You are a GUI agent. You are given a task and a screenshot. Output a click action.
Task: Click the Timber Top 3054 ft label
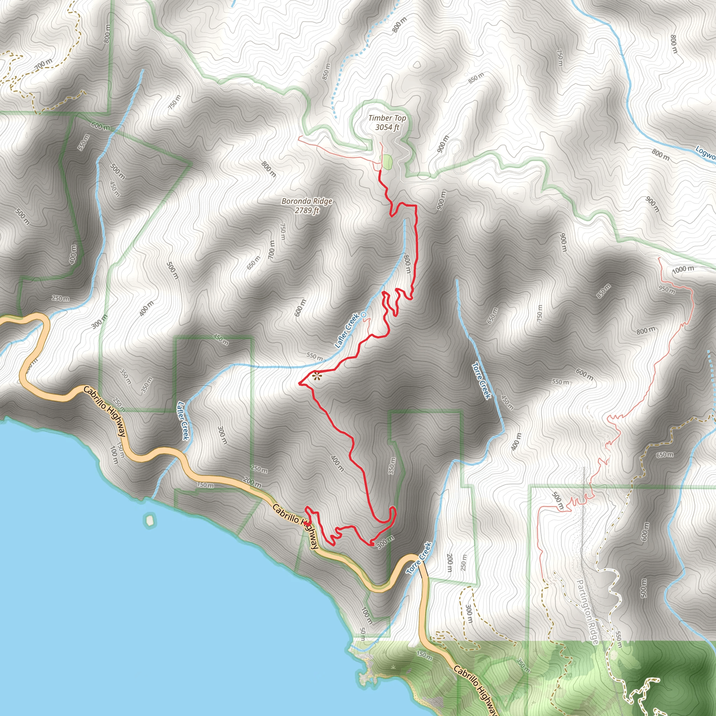387,122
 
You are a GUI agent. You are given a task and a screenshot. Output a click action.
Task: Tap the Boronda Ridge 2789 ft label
307,206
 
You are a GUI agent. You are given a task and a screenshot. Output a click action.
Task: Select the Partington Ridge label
587,612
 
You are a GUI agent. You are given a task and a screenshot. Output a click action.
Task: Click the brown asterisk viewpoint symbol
316,377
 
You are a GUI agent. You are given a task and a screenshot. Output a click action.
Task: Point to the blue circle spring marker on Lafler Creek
364,314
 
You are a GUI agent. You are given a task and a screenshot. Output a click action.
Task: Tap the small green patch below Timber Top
387,162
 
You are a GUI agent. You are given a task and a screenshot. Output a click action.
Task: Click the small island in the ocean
149,520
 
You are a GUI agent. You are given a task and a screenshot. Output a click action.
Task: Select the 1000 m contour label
683,270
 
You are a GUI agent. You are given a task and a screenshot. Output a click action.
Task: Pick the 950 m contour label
667,289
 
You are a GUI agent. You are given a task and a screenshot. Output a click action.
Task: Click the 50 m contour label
363,634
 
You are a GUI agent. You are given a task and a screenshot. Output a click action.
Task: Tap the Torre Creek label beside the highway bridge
419,558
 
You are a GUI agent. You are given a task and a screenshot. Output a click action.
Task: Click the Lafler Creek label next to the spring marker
347,331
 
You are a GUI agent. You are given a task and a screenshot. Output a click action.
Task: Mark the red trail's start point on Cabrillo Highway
306,523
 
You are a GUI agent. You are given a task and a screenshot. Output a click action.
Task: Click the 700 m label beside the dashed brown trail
44,64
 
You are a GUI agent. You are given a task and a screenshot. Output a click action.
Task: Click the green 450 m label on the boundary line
221,339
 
